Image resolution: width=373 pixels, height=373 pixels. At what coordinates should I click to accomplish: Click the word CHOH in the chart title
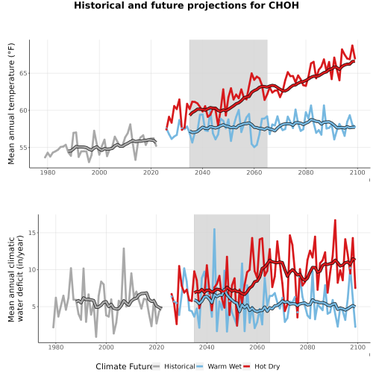(x=283, y=5)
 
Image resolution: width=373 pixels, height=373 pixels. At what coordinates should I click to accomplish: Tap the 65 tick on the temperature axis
(x=23, y=74)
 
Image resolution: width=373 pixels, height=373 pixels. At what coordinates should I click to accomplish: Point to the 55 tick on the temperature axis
(x=23, y=148)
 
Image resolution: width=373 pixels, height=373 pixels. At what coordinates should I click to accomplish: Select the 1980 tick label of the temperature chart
(x=48, y=172)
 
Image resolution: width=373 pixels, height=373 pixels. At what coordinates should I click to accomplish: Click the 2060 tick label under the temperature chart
(x=254, y=172)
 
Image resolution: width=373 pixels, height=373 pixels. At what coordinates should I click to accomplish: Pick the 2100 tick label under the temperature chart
(x=357, y=172)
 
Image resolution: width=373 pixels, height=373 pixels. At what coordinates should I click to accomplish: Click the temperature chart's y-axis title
(x=11, y=104)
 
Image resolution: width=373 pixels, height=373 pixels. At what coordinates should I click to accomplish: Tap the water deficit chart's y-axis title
(x=16, y=278)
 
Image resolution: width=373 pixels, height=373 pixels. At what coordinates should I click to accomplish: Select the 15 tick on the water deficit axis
(x=32, y=233)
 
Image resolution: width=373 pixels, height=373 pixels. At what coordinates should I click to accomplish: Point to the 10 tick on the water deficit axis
(x=32, y=269)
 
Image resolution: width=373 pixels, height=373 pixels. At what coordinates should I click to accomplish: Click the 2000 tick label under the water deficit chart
(x=106, y=347)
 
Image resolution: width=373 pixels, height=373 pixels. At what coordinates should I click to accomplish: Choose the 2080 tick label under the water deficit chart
(x=307, y=347)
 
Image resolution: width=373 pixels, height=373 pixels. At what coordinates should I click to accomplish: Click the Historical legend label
(x=180, y=366)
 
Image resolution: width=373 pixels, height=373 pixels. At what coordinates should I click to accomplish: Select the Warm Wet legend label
(x=225, y=366)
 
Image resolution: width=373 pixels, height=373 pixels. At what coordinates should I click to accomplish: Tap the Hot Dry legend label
(x=267, y=366)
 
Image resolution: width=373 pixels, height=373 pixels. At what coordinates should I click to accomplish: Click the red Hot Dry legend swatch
(x=246, y=366)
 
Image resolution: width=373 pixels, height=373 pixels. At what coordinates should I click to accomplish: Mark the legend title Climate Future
(x=124, y=366)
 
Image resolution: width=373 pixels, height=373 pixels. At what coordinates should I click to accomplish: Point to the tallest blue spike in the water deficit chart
(x=214, y=229)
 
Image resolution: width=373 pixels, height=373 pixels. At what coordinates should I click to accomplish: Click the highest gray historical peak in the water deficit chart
(x=124, y=248)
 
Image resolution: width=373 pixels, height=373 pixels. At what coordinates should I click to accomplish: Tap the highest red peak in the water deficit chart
(x=335, y=220)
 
